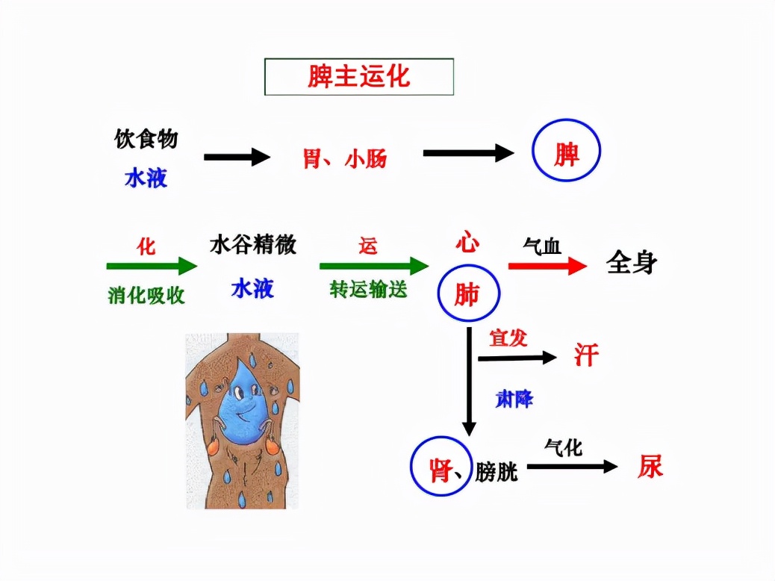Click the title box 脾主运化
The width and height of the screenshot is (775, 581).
(x=359, y=77)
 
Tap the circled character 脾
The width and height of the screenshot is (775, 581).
(x=566, y=154)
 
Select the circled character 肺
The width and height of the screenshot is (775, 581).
(x=467, y=296)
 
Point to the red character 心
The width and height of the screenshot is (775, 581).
(x=467, y=243)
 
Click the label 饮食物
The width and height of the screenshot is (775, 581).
(x=146, y=139)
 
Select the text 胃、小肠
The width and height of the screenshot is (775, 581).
(x=344, y=158)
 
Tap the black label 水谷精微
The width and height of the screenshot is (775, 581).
(x=252, y=245)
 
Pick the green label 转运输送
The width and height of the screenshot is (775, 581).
(x=369, y=290)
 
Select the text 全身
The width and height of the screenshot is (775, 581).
(x=632, y=263)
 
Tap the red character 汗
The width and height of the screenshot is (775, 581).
(x=586, y=354)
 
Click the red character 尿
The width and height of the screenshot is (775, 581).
(x=650, y=467)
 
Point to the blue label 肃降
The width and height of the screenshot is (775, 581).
(x=514, y=399)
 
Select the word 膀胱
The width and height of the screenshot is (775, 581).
(x=497, y=473)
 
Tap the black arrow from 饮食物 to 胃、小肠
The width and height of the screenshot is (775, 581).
(x=237, y=157)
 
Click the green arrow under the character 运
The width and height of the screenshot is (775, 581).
(x=373, y=266)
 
